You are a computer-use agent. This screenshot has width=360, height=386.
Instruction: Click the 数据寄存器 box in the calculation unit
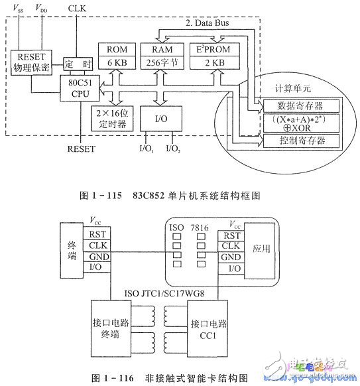300,106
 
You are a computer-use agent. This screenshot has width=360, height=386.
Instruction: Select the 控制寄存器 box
300,141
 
